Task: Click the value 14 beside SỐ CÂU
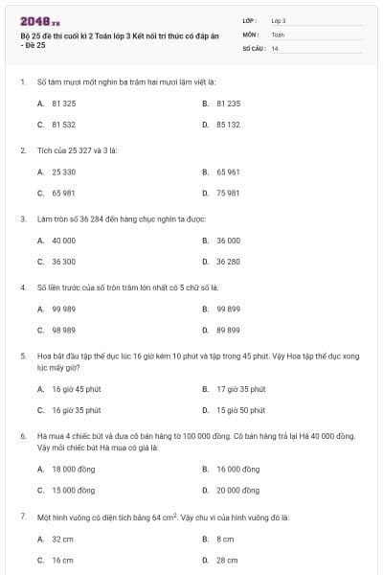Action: (275, 47)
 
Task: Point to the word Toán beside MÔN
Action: (278, 34)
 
